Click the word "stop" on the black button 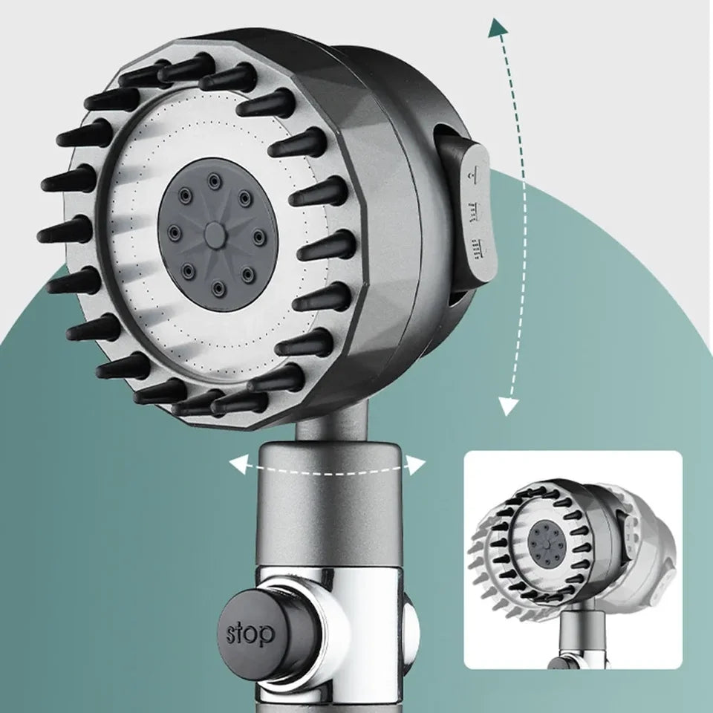[x=250, y=634]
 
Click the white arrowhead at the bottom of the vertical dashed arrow [x=508, y=406]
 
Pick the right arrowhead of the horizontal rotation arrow [x=416, y=464]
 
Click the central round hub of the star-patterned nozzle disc [x=215, y=234]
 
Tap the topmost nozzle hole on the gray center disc [x=212, y=180]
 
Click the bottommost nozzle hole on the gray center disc [x=219, y=287]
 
